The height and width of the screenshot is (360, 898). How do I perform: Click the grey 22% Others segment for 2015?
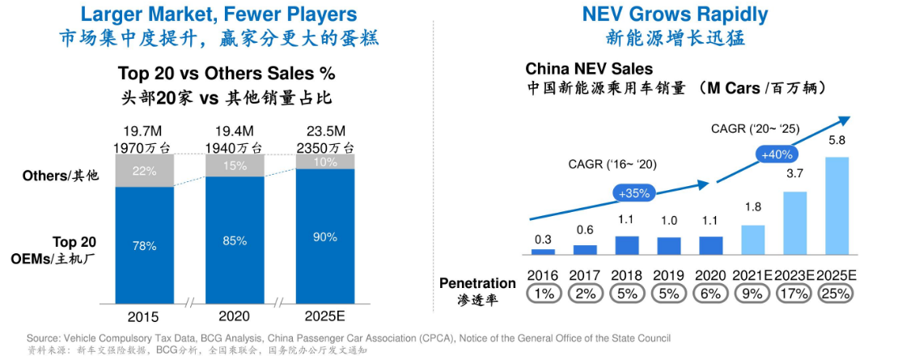(x=144, y=171)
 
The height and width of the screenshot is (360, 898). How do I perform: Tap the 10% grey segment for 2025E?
(x=325, y=163)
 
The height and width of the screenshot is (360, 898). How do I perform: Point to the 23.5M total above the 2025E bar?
(x=325, y=132)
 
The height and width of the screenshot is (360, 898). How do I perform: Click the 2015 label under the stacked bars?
(x=144, y=316)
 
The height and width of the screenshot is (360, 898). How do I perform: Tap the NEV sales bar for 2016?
(x=543, y=252)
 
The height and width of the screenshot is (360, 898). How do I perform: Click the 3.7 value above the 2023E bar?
(x=794, y=174)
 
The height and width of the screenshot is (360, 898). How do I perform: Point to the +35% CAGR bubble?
(x=634, y=194)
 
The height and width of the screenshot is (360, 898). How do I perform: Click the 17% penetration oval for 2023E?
(x=795, y=294)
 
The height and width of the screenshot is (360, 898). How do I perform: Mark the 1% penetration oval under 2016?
(x=543, y=294)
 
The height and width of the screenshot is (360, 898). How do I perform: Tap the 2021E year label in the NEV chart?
(x=753, y=275)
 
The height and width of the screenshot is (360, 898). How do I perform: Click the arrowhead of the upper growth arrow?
(x=845, y=120)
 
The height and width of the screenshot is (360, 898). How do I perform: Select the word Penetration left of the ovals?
(x=477, y=283)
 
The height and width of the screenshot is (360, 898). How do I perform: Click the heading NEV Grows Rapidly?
(x=675, y=14)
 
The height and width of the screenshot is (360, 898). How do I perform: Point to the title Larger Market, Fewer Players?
(x=219, y=14)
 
